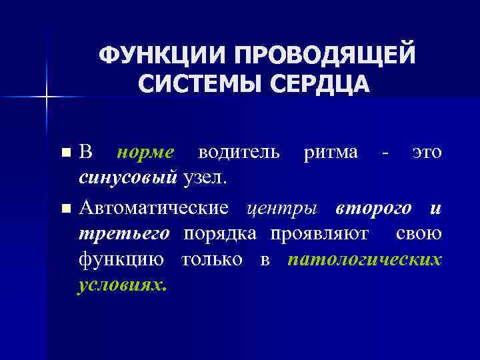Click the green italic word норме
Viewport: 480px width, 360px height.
click(145, 152)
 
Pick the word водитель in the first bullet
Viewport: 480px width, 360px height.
click(239, 152)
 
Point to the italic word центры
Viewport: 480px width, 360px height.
click(280, 208)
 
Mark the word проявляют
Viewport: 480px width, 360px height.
click(322, 234)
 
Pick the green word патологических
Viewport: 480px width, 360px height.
click(365, 259)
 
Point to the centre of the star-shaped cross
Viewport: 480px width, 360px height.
click(47, 97)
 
